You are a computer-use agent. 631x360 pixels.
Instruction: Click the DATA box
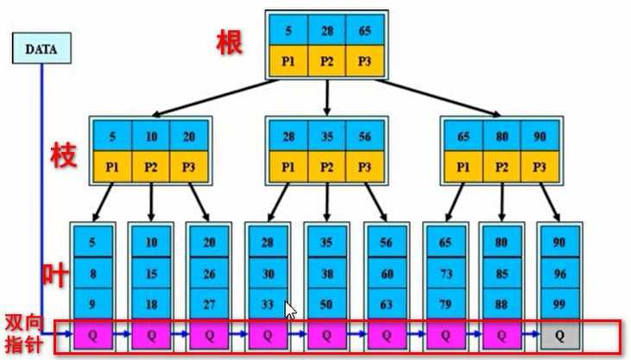[x=41, y=49]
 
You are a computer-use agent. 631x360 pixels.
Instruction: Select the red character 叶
[x=56, y=274]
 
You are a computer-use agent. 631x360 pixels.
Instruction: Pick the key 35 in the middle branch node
[x=326, y=136]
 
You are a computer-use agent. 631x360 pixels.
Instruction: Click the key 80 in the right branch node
[x=502, y=136]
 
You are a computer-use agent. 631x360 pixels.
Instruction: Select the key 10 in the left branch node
[x=151, y=136]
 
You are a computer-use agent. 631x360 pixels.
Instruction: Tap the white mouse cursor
[x=291, y=309]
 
